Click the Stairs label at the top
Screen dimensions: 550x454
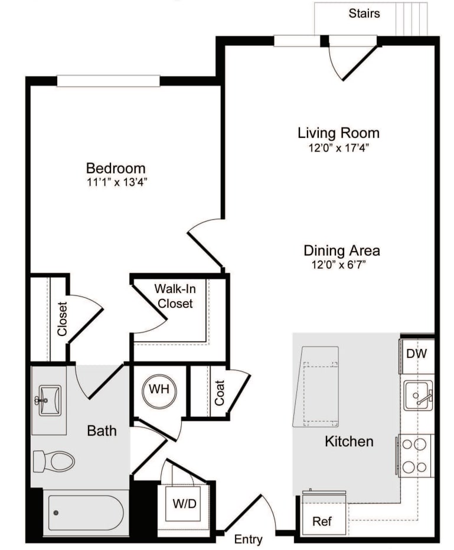[x=364, y=12]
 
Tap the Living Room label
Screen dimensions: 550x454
[x=338, y=133]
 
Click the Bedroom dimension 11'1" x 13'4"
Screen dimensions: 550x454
[x=116, y=182]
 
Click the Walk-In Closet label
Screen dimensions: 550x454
[x=174, y=296]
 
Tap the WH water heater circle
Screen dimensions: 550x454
[x=159, y=390]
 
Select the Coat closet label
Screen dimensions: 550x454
[x=220, y=392]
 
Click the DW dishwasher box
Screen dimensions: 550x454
[x=417, y=354]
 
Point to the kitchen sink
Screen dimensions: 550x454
[x=418, y=396]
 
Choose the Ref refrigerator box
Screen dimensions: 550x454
[x=321, y=521]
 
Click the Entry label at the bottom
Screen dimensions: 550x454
[x=248, y=539]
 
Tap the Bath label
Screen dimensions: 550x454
[x=102, y=431]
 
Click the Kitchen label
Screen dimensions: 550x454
[x=349, y=441]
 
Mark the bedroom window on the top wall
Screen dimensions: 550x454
[x=108, y=81]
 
